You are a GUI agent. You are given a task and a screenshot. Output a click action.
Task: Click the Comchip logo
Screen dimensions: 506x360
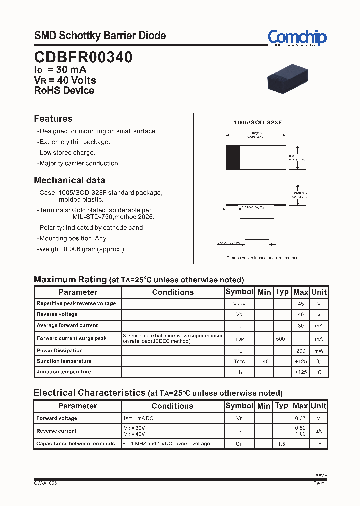(x=297, y=38)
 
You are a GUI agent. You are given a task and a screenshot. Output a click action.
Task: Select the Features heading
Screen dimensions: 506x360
(x=53, y=119)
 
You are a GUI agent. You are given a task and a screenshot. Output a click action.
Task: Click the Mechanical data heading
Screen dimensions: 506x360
(x=69, y=180)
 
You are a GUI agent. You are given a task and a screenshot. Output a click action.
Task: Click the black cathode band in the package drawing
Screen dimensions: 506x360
(x=233, y=158)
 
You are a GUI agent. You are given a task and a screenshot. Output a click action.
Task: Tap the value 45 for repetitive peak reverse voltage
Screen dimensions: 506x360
(x=300, y=304)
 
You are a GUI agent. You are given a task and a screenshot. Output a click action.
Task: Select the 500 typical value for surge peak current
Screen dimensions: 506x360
(x=281, y=339)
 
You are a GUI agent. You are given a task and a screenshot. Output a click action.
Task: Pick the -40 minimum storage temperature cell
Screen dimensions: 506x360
(x=264, y=361)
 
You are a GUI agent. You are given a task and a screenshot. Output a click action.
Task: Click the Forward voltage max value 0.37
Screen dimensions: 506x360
(x=300, y=418)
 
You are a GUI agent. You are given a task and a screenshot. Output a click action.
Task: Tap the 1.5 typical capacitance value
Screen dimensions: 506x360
(x=282, y=444)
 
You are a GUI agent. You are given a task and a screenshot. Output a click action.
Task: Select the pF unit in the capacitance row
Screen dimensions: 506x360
(x=318, y=444)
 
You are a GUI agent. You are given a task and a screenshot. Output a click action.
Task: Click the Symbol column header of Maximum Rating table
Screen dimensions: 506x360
(x=240, y=292)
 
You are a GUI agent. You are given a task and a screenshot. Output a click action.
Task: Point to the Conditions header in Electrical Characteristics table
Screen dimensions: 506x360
(x=172, y=406)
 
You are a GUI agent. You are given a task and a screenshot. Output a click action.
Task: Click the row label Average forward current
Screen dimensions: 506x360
(x=67, y=325)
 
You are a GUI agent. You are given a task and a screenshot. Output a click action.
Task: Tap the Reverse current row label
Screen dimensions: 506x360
(x=56, y=431)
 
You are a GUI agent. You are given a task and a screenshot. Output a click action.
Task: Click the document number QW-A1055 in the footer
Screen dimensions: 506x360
(x=45, y=484)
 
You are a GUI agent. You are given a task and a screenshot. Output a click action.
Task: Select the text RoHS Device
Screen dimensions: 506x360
(x=64, y=91)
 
